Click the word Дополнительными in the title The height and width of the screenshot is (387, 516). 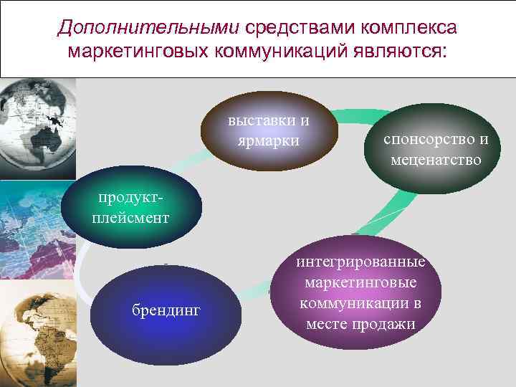tap(148, 28)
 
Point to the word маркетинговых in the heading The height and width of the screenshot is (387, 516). tap(138, 52)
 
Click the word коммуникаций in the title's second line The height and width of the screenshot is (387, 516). tap(285, 52)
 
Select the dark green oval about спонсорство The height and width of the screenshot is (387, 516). tap(436, 149)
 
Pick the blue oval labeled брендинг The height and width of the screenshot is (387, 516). tap(167, 310)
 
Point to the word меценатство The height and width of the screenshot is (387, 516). tap(436, 159)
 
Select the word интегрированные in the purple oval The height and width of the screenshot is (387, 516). tap(360, 262)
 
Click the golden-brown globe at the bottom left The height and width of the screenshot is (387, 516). tap(36, 333)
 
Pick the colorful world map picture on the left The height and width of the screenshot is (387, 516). tap(36, 229)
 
